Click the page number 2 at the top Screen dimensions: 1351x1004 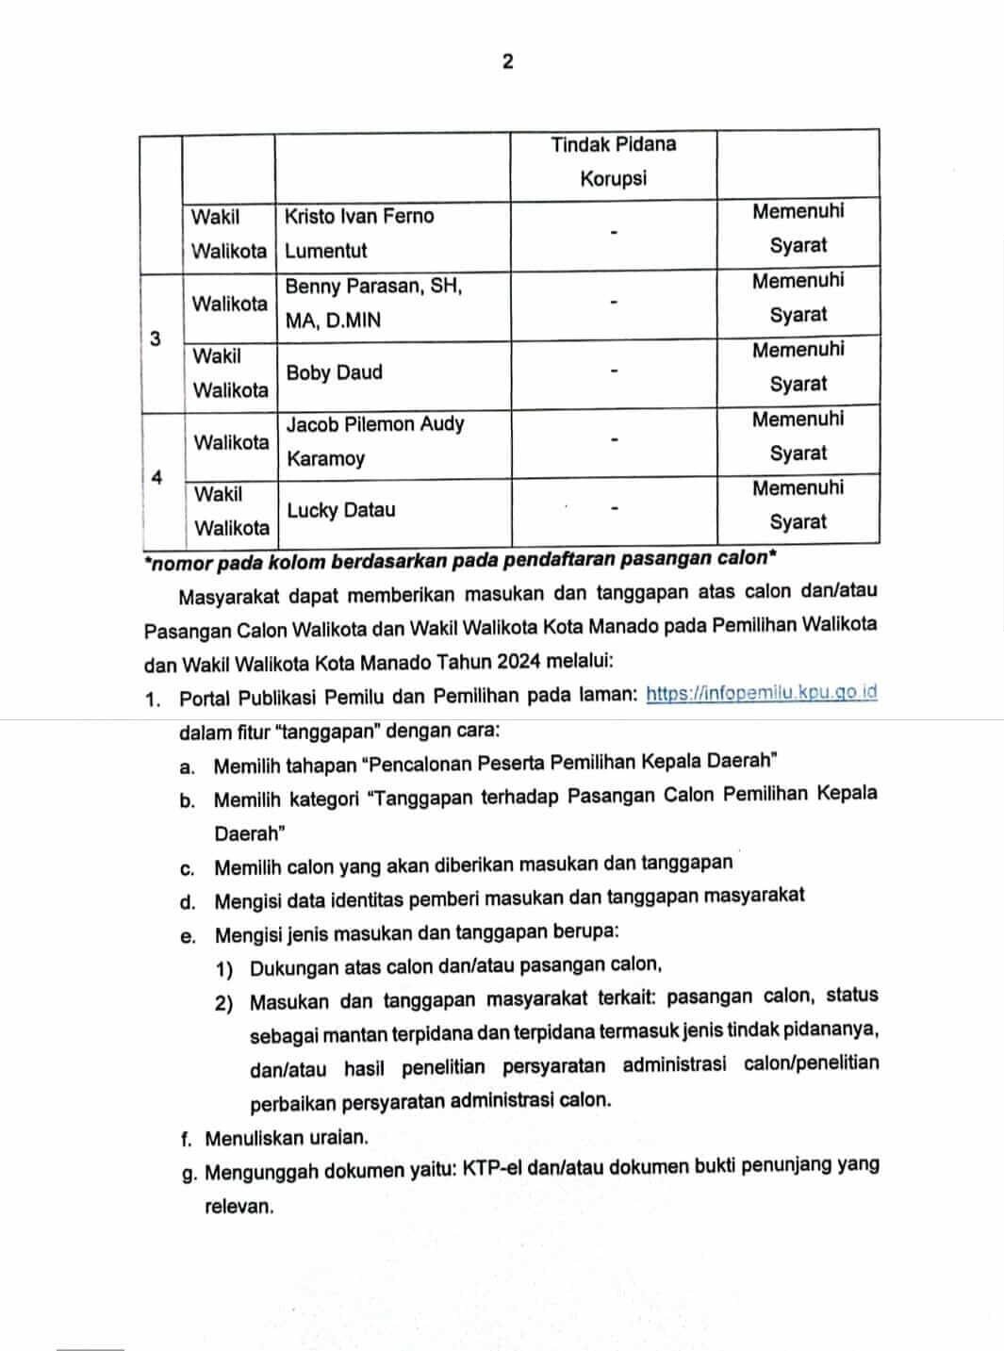tap(508, 62)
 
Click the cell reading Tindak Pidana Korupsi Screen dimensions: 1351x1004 tap(613, 161)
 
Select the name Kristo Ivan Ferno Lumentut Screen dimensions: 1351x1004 tap(359, 233)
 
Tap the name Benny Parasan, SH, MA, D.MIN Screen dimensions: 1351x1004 tap(373, 303)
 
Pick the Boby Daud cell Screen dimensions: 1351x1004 tap(335, 372)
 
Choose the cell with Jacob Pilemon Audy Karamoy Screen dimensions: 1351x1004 tap(374, 441)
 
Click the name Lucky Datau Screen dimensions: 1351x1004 tap(327, 510)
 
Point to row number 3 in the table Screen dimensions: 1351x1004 tap(156, 338)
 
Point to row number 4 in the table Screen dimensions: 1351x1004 tap(156, 477)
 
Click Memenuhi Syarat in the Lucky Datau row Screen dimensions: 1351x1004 tap(798, 504)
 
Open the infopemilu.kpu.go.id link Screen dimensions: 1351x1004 tap(762, 693)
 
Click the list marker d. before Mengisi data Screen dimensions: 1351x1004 tap(188, 902)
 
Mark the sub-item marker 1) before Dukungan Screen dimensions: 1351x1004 tap(224, 968)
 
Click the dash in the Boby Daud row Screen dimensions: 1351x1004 tap(614, 371)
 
